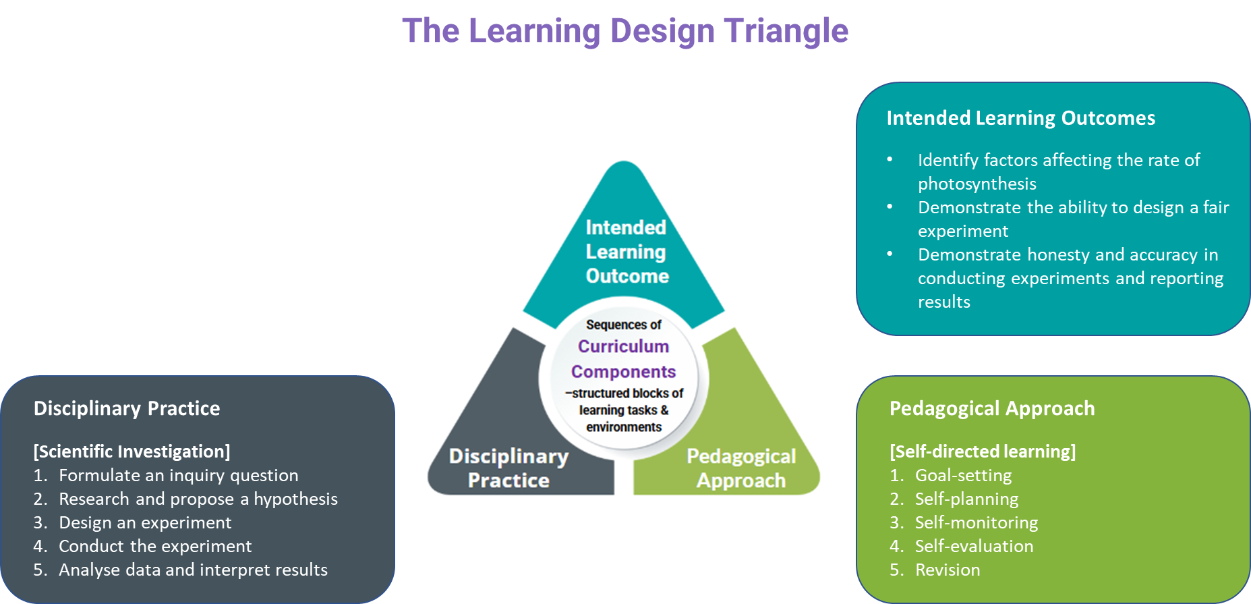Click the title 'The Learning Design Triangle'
pyautogui.click(x=624, y=31)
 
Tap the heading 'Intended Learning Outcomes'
pyautogui.click(x=1020, y=118)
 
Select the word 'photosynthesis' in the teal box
pyautogui.click(x=977, y=184)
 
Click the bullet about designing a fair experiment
pyautogui.click(x=1073, y=208)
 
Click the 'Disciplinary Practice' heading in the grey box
pyautogui.click(x=127, y=408)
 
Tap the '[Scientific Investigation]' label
pyautogui.click(x=132, y=451)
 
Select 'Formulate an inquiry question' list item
pyautogui.click(x=178, y=475)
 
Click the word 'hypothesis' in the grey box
pyautogui.click(x=295, y=499)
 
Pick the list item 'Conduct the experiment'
pyautogui.click(x=155, y=546)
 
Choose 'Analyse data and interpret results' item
pyautogui.click(x=193, y=570)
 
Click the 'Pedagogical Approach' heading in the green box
pyautogui.click(x=992, y=408)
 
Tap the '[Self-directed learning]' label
pyautogui.click(x=983, y=451)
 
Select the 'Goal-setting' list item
pyautogui.click(x=963, y=475)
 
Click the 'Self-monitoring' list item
pyautogui.click(x=976, y=522)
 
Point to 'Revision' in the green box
pyautogui.click(x=948, y=570)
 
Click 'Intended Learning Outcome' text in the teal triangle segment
pyautogui.click(x=627, y=252)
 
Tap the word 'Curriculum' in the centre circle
pyautogui.click(x=623, y=346)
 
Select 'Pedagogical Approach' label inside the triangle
pyautogui.click(x=741, y=468)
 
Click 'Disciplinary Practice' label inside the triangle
pyautogui.click(x=508, y=468)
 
